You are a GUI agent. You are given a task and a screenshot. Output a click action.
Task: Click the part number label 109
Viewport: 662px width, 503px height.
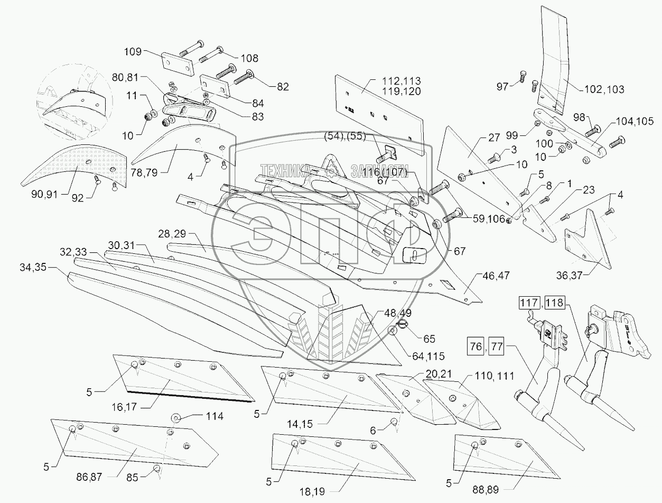(133, 52)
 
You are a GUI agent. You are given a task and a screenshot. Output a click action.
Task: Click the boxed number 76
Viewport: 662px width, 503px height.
(474, 347)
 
